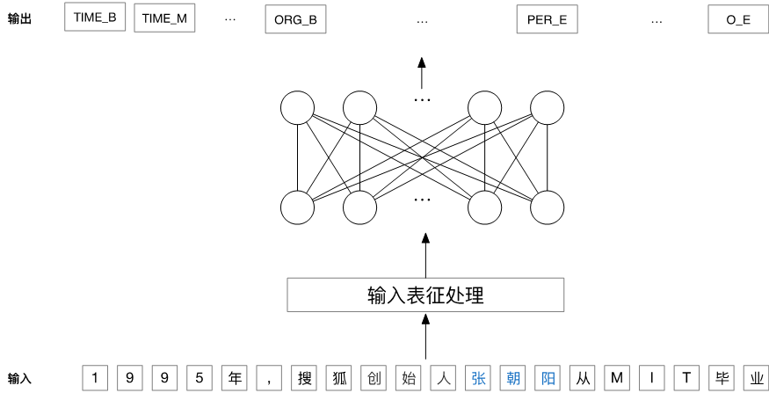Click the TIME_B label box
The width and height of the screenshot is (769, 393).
click(x=95, y=17)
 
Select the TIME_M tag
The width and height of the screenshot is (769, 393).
click(x=164, y=18)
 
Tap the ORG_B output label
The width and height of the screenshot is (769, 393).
click(x=295, y=19)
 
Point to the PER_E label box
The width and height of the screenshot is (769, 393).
click(x=547, y=19)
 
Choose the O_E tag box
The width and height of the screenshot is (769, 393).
click(x=738, y=19)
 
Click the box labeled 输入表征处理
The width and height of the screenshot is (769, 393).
click(x=425, y=295)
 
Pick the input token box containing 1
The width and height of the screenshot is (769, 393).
click(x=95, y=378)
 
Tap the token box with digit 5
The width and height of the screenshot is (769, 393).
click(x=199, y=378)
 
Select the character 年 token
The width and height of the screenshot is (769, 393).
click(x=233, y=378)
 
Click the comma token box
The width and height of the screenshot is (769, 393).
click(x=268, y=378)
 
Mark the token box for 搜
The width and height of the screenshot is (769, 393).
click(x=303, y=378)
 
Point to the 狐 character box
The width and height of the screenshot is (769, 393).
click(x=338, y=378)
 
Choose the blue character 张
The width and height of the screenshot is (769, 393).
click(x=477, y=378)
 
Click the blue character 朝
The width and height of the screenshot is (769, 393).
click(x=511, y=378)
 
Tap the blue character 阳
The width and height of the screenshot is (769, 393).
click(x=547, y=378)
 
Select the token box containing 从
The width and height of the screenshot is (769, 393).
click(x=581, y=378)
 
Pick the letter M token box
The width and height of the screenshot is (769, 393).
click(x=616, y=378)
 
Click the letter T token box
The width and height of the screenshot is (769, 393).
click(x=686, y=378)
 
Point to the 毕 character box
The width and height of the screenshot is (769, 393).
click(x=721, y=378)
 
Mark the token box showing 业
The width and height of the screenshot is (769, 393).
click(x=755, y=378)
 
